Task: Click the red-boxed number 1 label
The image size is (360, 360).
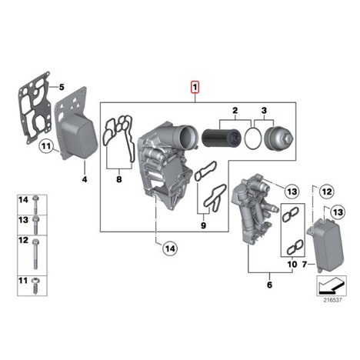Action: coord(195,87)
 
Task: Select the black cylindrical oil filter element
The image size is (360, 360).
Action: coord(222,138)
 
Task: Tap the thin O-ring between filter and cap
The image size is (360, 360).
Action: coord(253,138)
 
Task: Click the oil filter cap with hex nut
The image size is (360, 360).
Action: coord(278,138)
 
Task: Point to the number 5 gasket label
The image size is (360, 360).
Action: coord(62,87)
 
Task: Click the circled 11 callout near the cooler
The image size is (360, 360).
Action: coord(46,146)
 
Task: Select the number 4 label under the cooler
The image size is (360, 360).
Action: coord(85,179)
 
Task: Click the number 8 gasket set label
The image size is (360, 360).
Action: coord(119,179)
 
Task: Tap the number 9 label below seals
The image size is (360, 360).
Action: coord(203,225)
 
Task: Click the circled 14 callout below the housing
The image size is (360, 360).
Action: coord(171,248)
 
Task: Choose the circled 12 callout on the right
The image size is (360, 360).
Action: coord(327,192)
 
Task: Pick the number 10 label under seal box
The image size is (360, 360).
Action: coord(292,264)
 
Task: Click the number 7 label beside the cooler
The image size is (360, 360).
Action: coord(305,264)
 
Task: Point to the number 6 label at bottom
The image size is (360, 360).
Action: coord(269,285)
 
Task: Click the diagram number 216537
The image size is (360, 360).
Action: coord(332,300)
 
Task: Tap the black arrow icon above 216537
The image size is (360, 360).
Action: coord(331,285)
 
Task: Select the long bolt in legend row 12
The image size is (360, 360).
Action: coord(35,254)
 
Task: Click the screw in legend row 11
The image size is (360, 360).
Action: coord(35,285)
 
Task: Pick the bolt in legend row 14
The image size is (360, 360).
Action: coord(35,205)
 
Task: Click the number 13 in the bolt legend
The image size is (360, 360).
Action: coord(23,220)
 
